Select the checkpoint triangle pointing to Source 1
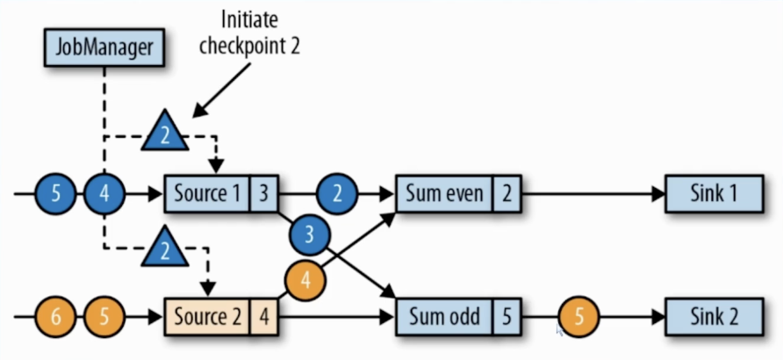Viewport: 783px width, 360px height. tap(164, 134)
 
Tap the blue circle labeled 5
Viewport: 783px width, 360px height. tap(57, 191)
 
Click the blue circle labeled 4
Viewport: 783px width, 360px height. tap(105, 191)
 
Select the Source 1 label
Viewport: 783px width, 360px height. tap(207, 192)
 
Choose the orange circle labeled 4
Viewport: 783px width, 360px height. tap(305, 281)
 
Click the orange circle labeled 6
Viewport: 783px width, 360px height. tap(57, 315)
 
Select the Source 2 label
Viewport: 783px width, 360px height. tap(207, 315)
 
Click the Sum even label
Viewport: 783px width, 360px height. tap(443, 192)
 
